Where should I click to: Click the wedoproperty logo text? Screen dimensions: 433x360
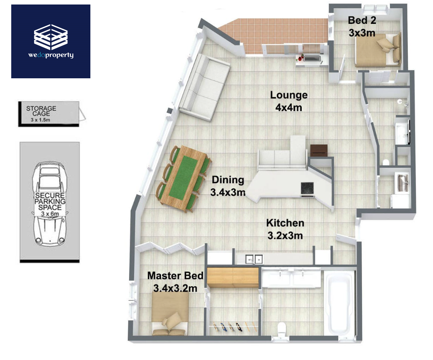pos(51,55)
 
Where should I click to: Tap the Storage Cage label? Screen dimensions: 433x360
pos(41,111)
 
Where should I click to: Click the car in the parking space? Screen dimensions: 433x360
pos(50,203)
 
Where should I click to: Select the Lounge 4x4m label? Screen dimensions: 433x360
pos(289,101)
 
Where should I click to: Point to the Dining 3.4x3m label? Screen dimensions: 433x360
pos(228,186)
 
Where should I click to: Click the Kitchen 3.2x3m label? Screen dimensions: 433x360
pos(285,229)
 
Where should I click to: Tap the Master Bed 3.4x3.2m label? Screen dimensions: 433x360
pos(175,282)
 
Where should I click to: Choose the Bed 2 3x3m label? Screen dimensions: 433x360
pos(362,27)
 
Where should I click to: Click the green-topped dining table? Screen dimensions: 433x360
pos(183,179)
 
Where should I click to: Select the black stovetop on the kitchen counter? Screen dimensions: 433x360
pos(308,189)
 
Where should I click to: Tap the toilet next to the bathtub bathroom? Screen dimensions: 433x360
pos(281,329)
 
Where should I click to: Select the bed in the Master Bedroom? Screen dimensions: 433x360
pos(170,314)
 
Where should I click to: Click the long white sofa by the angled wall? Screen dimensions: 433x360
pos(204,87)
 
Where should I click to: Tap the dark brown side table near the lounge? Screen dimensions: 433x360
pos(319,151)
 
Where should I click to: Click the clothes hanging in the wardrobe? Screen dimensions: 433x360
pos(235,327)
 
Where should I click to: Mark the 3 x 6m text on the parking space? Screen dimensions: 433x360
pos(50,214)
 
